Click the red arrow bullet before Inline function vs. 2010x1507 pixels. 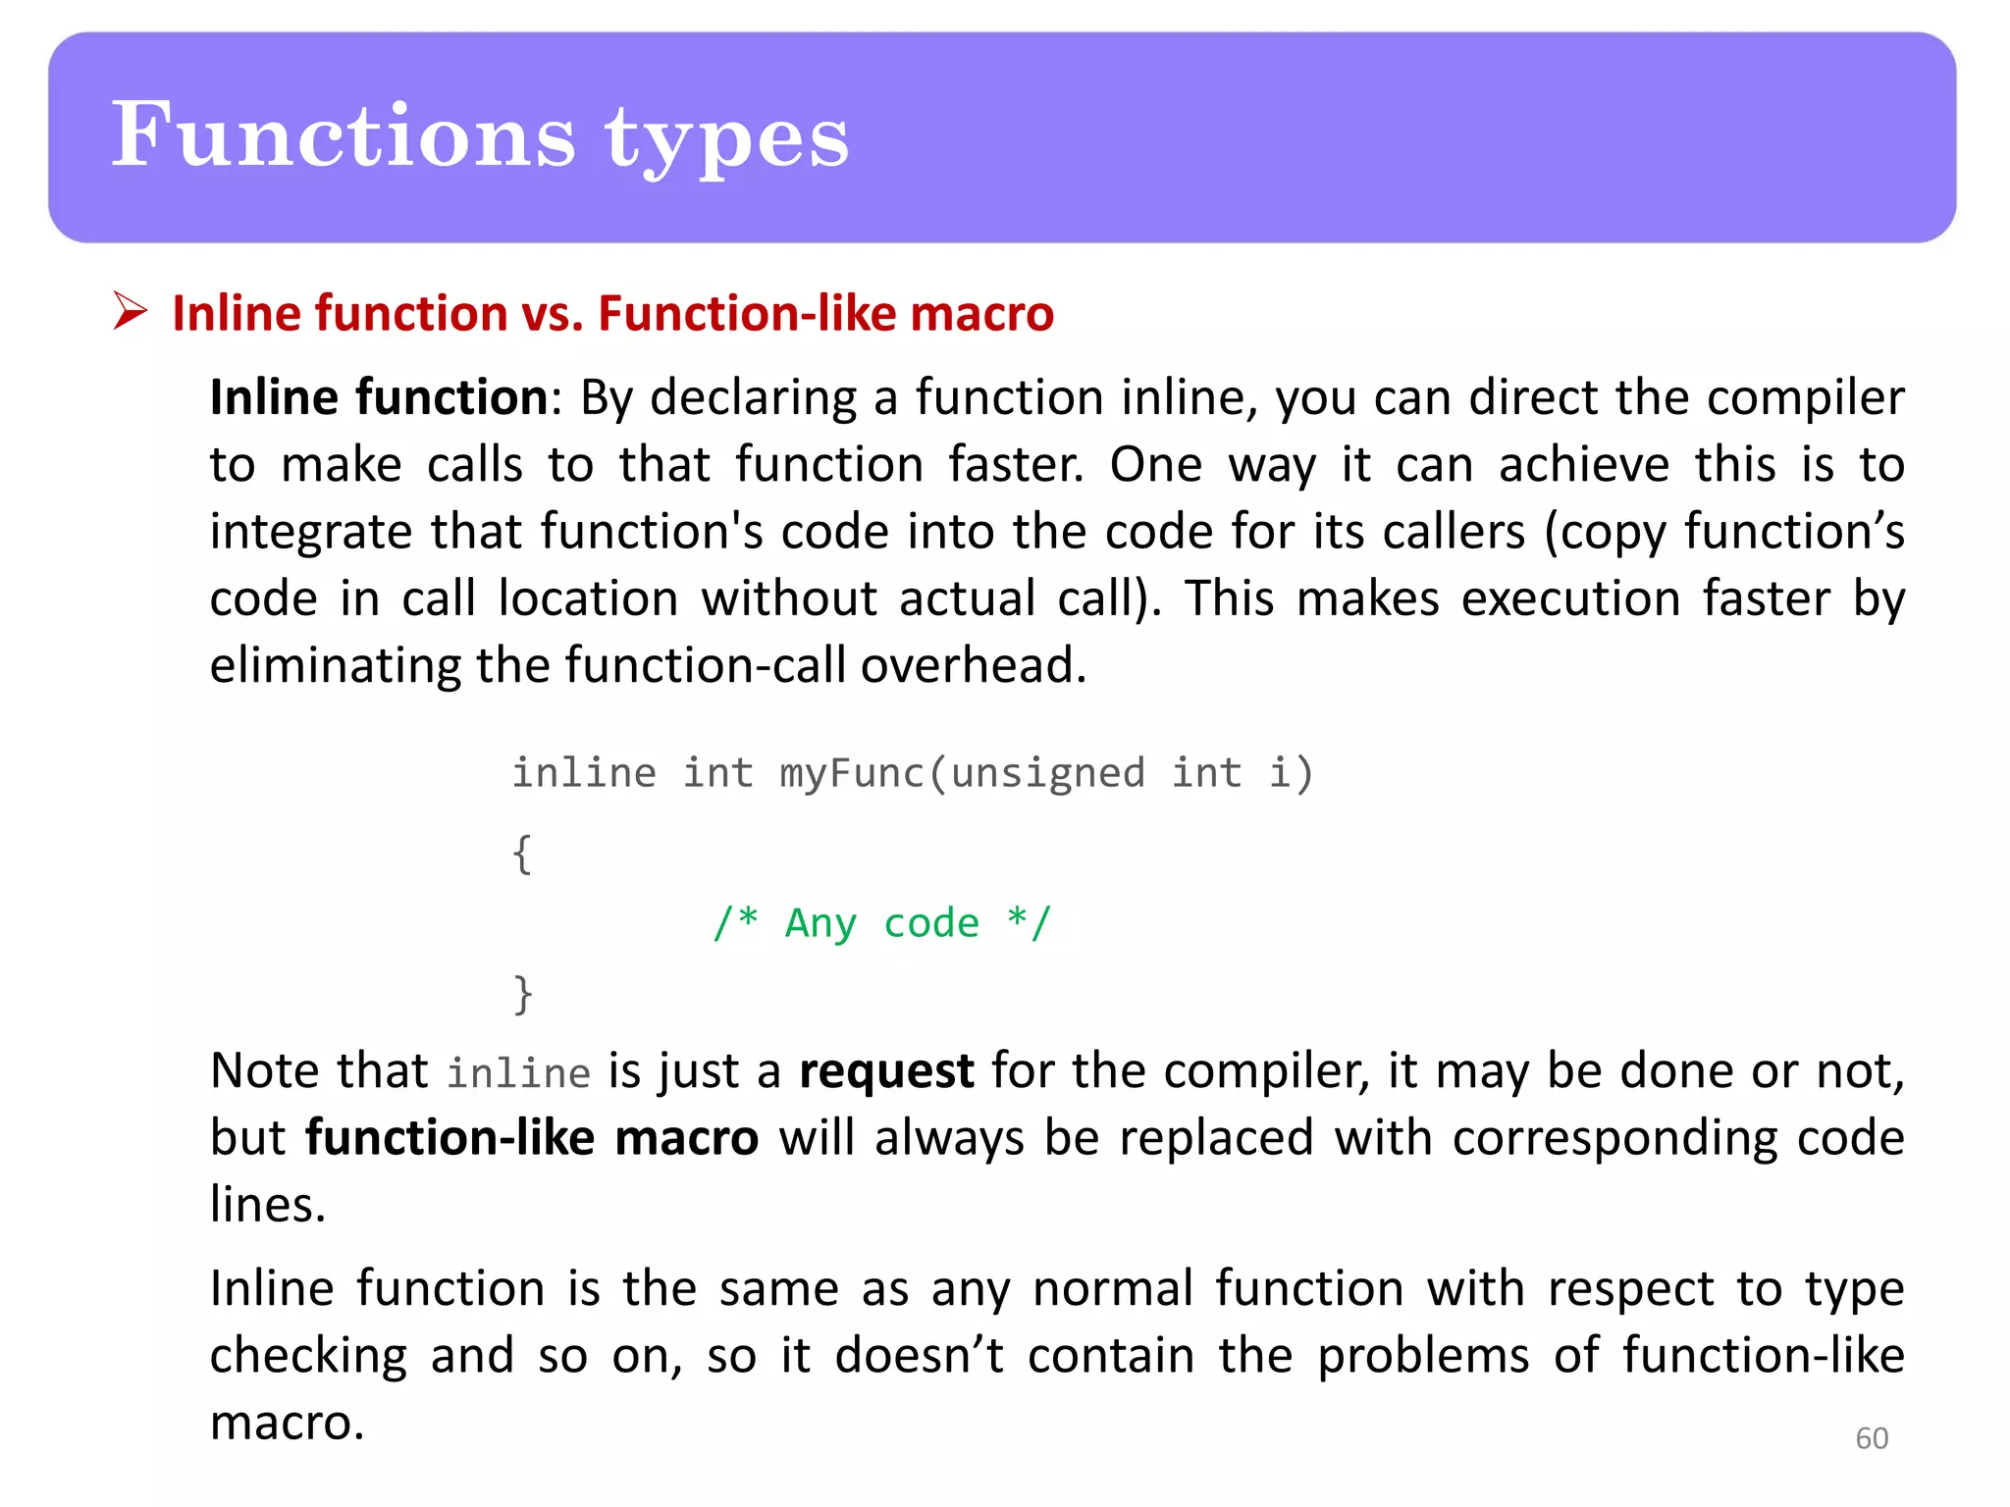tap(130, 311)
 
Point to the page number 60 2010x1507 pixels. tap(1872, 1438)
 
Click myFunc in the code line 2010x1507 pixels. tap(852, 773)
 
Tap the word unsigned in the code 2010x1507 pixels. tap(1047, 774)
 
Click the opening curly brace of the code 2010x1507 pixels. tap(522, 854)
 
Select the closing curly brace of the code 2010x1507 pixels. tap(522, 994)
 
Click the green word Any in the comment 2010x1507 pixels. tap(820, 923)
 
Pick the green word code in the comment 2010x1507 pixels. tap(931, 923)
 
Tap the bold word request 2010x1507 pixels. tap(886, 1071)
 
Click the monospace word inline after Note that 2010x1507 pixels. tap(518, 1072)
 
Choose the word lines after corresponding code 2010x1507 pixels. tap(267, 1205)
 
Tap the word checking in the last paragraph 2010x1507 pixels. tap(308, 1356)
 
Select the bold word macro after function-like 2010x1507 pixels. tap(686, 1138)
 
